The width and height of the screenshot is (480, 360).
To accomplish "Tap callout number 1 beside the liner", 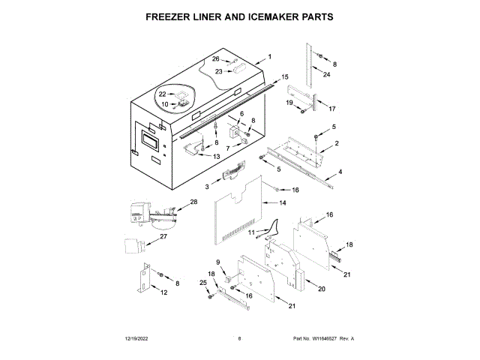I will pos(270,58).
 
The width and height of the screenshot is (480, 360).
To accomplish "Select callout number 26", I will pos(215,59).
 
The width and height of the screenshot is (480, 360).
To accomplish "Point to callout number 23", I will pos(219,72).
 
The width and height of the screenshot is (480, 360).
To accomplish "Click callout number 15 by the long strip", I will pos(285,76).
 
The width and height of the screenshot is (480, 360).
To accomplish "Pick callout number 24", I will pos(326,74).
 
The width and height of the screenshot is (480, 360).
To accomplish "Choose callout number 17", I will pos(332,108).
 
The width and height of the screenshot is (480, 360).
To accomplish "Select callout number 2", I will pos(337,143).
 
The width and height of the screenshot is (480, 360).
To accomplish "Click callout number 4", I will pos(340,172).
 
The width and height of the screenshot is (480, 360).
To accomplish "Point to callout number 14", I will pos(283,203).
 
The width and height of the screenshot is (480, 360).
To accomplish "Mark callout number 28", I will pos(193,202).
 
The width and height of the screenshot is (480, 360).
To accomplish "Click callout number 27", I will pos(164,236).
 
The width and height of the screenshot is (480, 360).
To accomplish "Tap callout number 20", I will pos(322,289).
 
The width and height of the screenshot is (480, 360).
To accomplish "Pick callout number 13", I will pos(216,157).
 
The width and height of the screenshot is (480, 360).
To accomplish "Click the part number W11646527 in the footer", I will pos(325,339).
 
